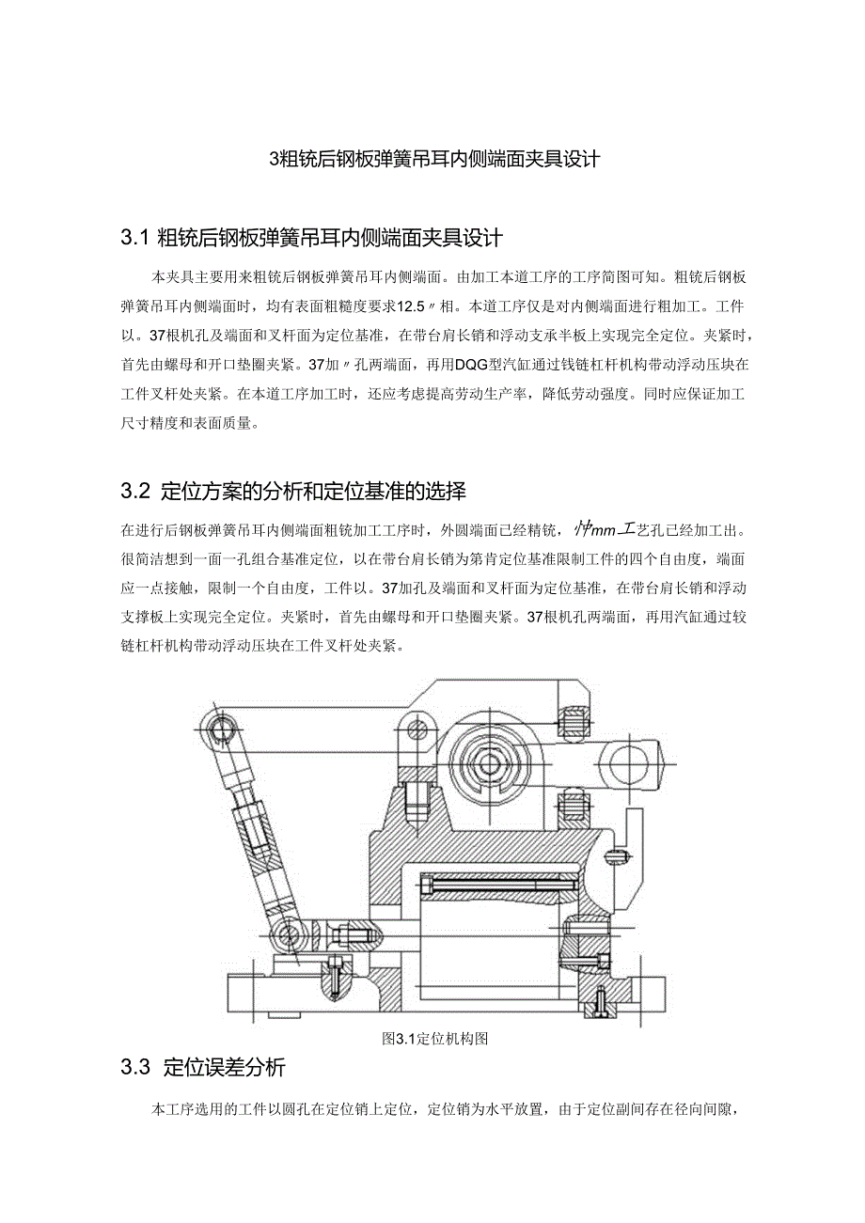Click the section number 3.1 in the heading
point(135,236)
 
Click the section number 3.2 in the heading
point(136,491)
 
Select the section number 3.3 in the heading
point(136,1068)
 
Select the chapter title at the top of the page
point(433,158)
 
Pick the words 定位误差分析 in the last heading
point(224,1068)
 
